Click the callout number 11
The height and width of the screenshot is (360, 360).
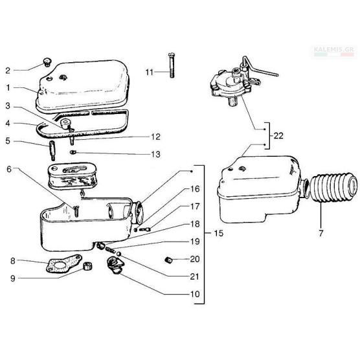149,72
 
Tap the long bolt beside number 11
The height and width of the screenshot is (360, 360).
172,65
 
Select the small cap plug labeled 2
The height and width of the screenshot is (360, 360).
47,62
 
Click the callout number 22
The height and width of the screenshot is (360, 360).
278,136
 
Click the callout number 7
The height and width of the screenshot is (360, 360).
321,233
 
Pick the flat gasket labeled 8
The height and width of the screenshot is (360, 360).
63,264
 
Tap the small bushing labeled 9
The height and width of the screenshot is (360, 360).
87,266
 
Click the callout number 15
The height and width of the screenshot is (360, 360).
218,233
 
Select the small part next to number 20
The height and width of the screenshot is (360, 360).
168,260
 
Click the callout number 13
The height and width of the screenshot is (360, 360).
155,154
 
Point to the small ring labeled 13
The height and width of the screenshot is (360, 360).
73,152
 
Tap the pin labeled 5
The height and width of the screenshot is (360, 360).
52,150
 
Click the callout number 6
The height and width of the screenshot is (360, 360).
9,170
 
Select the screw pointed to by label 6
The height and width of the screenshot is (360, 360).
76,211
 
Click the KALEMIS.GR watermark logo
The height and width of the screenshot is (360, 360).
335,51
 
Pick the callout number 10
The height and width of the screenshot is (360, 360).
195,294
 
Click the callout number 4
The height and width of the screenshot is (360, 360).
8,123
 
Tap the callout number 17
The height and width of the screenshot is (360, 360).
195,207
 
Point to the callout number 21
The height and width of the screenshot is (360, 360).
194,276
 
